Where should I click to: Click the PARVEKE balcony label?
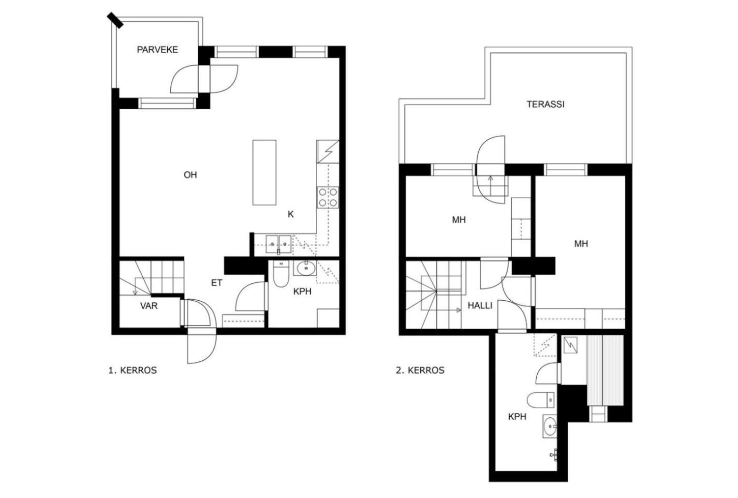pos(157,50)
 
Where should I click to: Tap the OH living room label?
pos(191,175)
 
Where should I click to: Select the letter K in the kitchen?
pos(291,214)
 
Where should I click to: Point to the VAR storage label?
pos(149,306)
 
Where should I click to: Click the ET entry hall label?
pos(217,283)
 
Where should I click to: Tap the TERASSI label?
pos(545,104)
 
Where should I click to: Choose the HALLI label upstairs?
pos(480,306)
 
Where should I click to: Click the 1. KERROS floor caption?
pos(133,370)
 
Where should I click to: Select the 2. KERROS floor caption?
pos(420,370)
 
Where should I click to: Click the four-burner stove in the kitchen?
pos(328,197)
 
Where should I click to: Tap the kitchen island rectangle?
pos(264,173)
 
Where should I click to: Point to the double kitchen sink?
pos(279,244)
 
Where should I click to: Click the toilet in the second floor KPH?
pos(541,400)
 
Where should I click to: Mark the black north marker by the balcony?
pos(115,20)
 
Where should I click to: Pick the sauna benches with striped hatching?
pos(605,370)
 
